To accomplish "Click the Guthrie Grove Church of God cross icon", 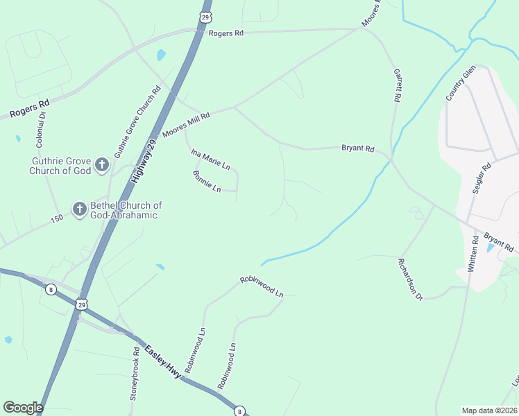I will [x=102, y=165].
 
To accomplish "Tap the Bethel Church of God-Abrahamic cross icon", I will [x=79, y=209].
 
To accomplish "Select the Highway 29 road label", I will [x=146, y=159].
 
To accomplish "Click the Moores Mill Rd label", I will [x=185, y=125].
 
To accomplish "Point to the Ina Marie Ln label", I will [x=210, y=159].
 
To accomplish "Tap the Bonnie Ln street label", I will [x=206, y=181].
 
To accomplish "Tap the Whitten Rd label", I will [x=475, y=253].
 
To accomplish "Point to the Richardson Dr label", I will [x=410, y=279].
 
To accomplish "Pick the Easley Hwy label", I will [x=163, y=361].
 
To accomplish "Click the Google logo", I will [x=23, y=408].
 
